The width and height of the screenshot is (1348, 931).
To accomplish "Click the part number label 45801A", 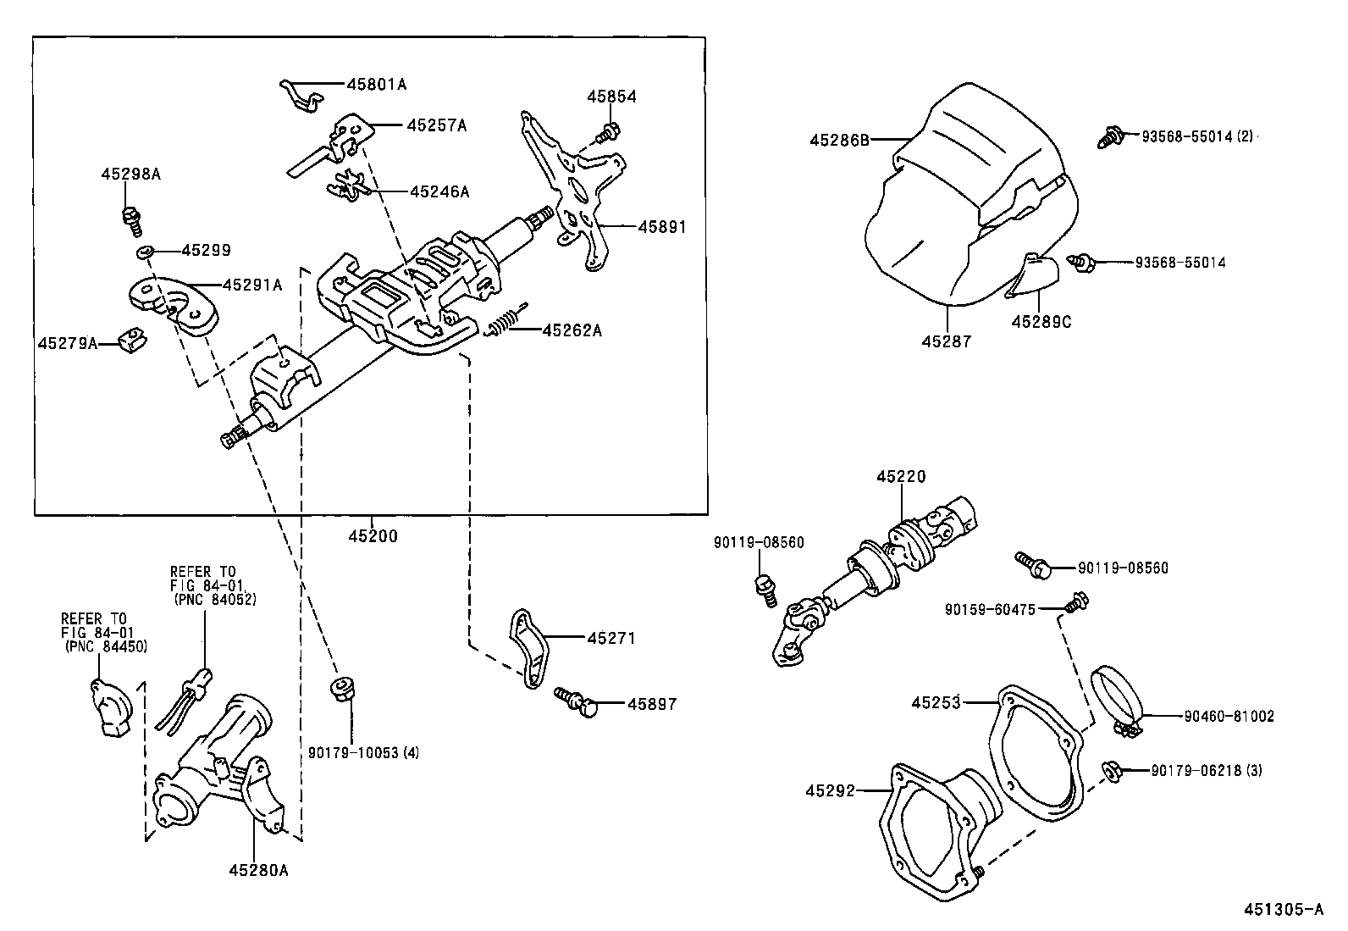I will tap(377, 84).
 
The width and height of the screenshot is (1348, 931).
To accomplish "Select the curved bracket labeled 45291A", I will tap(174, 307).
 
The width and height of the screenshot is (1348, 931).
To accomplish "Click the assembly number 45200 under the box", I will tap(373, 535).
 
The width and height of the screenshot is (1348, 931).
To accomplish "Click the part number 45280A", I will tap(257, 869).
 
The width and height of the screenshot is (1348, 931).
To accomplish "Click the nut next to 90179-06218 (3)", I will tap(1112, 770).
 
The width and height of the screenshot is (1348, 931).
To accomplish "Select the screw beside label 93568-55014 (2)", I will tap(1110, 136).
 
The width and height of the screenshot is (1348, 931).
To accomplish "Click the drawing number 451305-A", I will tap(1283, 910).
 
